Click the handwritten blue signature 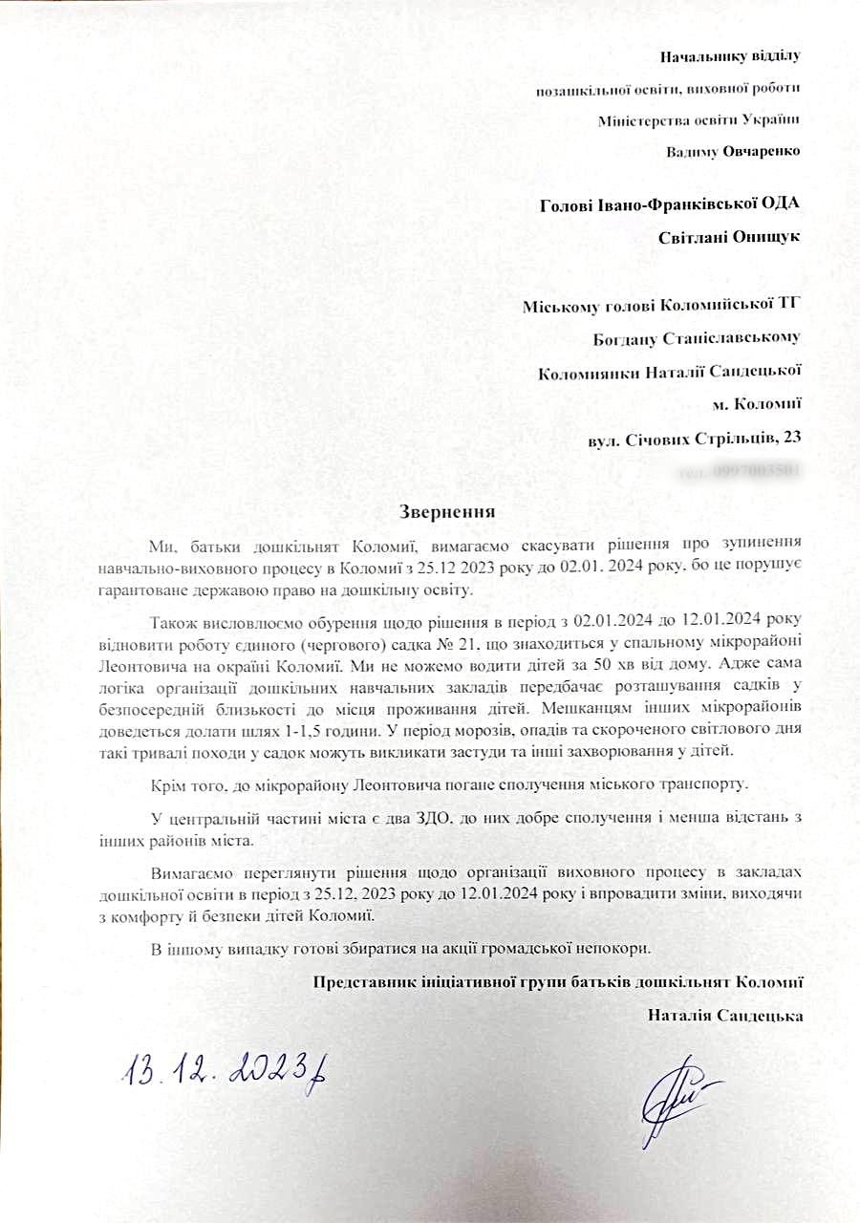point(679,1093)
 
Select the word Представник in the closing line point(360,981)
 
